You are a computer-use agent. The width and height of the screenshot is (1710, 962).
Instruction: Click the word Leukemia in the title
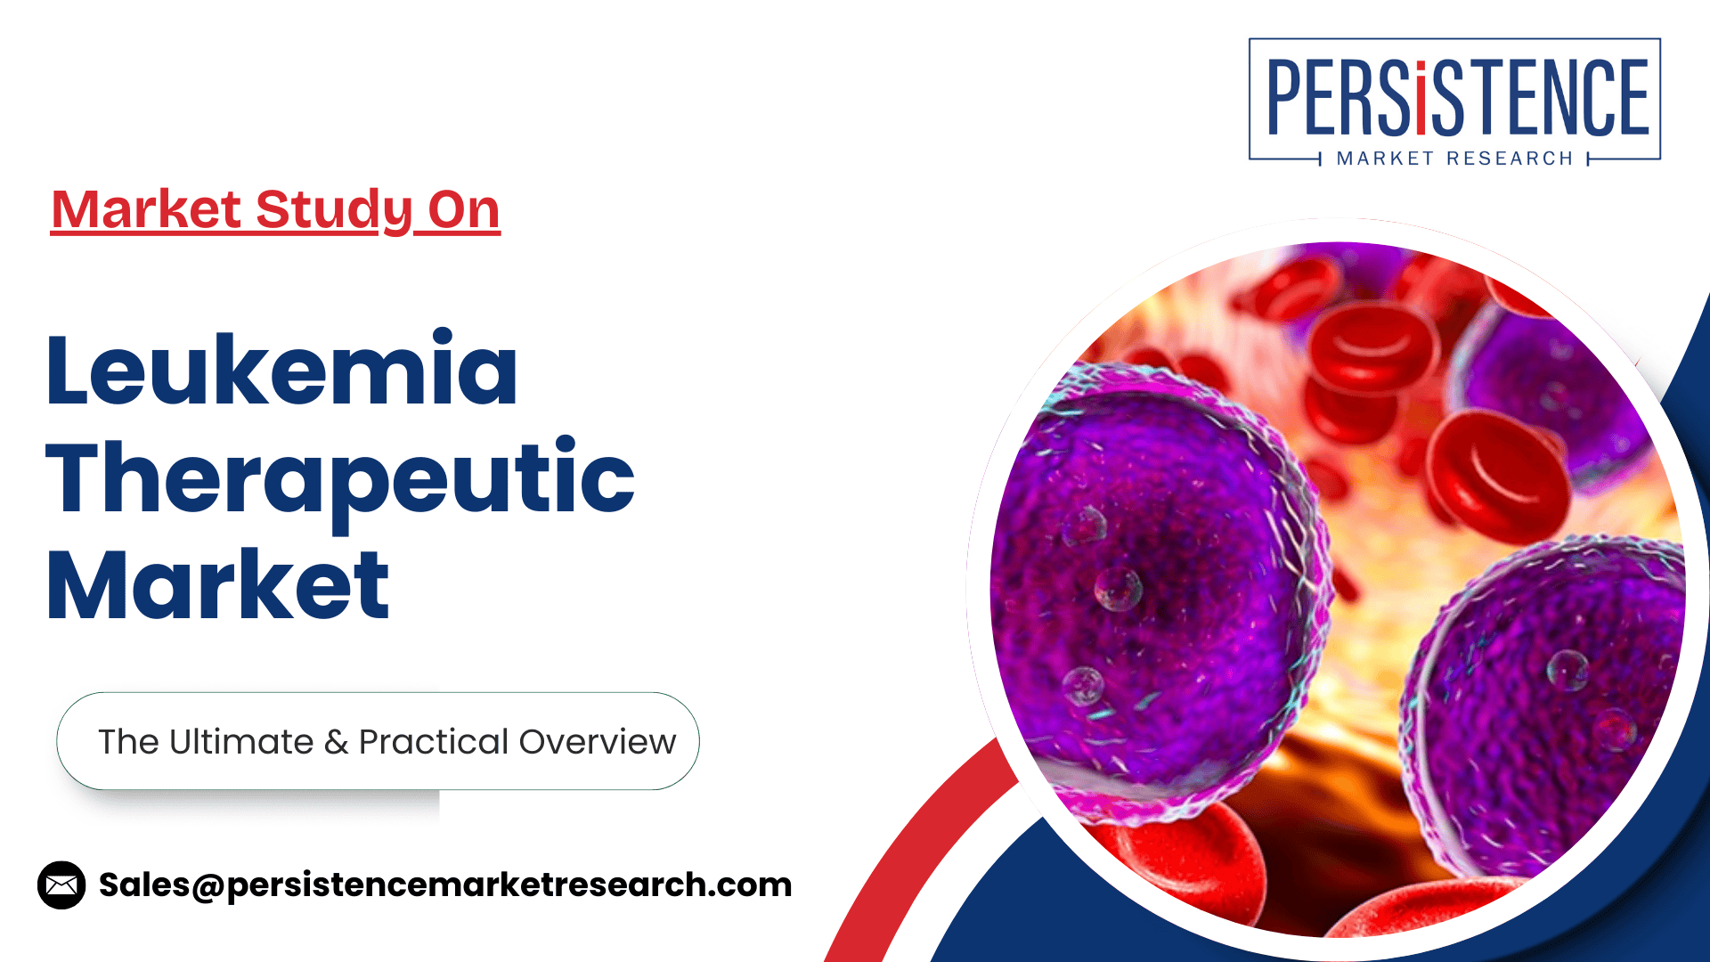[x=281, y=369]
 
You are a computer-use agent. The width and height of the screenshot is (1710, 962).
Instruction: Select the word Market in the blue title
[x=218, y=584]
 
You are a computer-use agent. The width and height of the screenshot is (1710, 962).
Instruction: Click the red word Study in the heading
[x=334, y=211]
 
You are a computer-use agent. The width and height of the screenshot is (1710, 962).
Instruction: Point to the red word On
[x=464, y=210]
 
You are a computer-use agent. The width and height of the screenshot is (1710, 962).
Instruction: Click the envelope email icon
[x=61, y=885]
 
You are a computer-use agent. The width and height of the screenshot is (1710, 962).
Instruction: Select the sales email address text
[x=445, y=885]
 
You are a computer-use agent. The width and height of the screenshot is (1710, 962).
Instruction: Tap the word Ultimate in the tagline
[x=241, y=741]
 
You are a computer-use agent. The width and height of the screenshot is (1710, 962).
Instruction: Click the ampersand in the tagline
[x=336, y=742]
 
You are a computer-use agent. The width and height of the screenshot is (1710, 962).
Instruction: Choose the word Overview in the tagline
[x=598, y=742]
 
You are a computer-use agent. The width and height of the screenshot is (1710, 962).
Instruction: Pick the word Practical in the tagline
[x=434, y=742]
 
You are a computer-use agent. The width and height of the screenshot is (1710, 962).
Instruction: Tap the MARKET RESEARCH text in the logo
[x=1455, y=159]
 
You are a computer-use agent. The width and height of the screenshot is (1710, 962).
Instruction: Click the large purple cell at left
[x=1158, y=588]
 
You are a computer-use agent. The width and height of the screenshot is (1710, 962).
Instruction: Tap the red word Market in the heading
[x=146, y=210]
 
